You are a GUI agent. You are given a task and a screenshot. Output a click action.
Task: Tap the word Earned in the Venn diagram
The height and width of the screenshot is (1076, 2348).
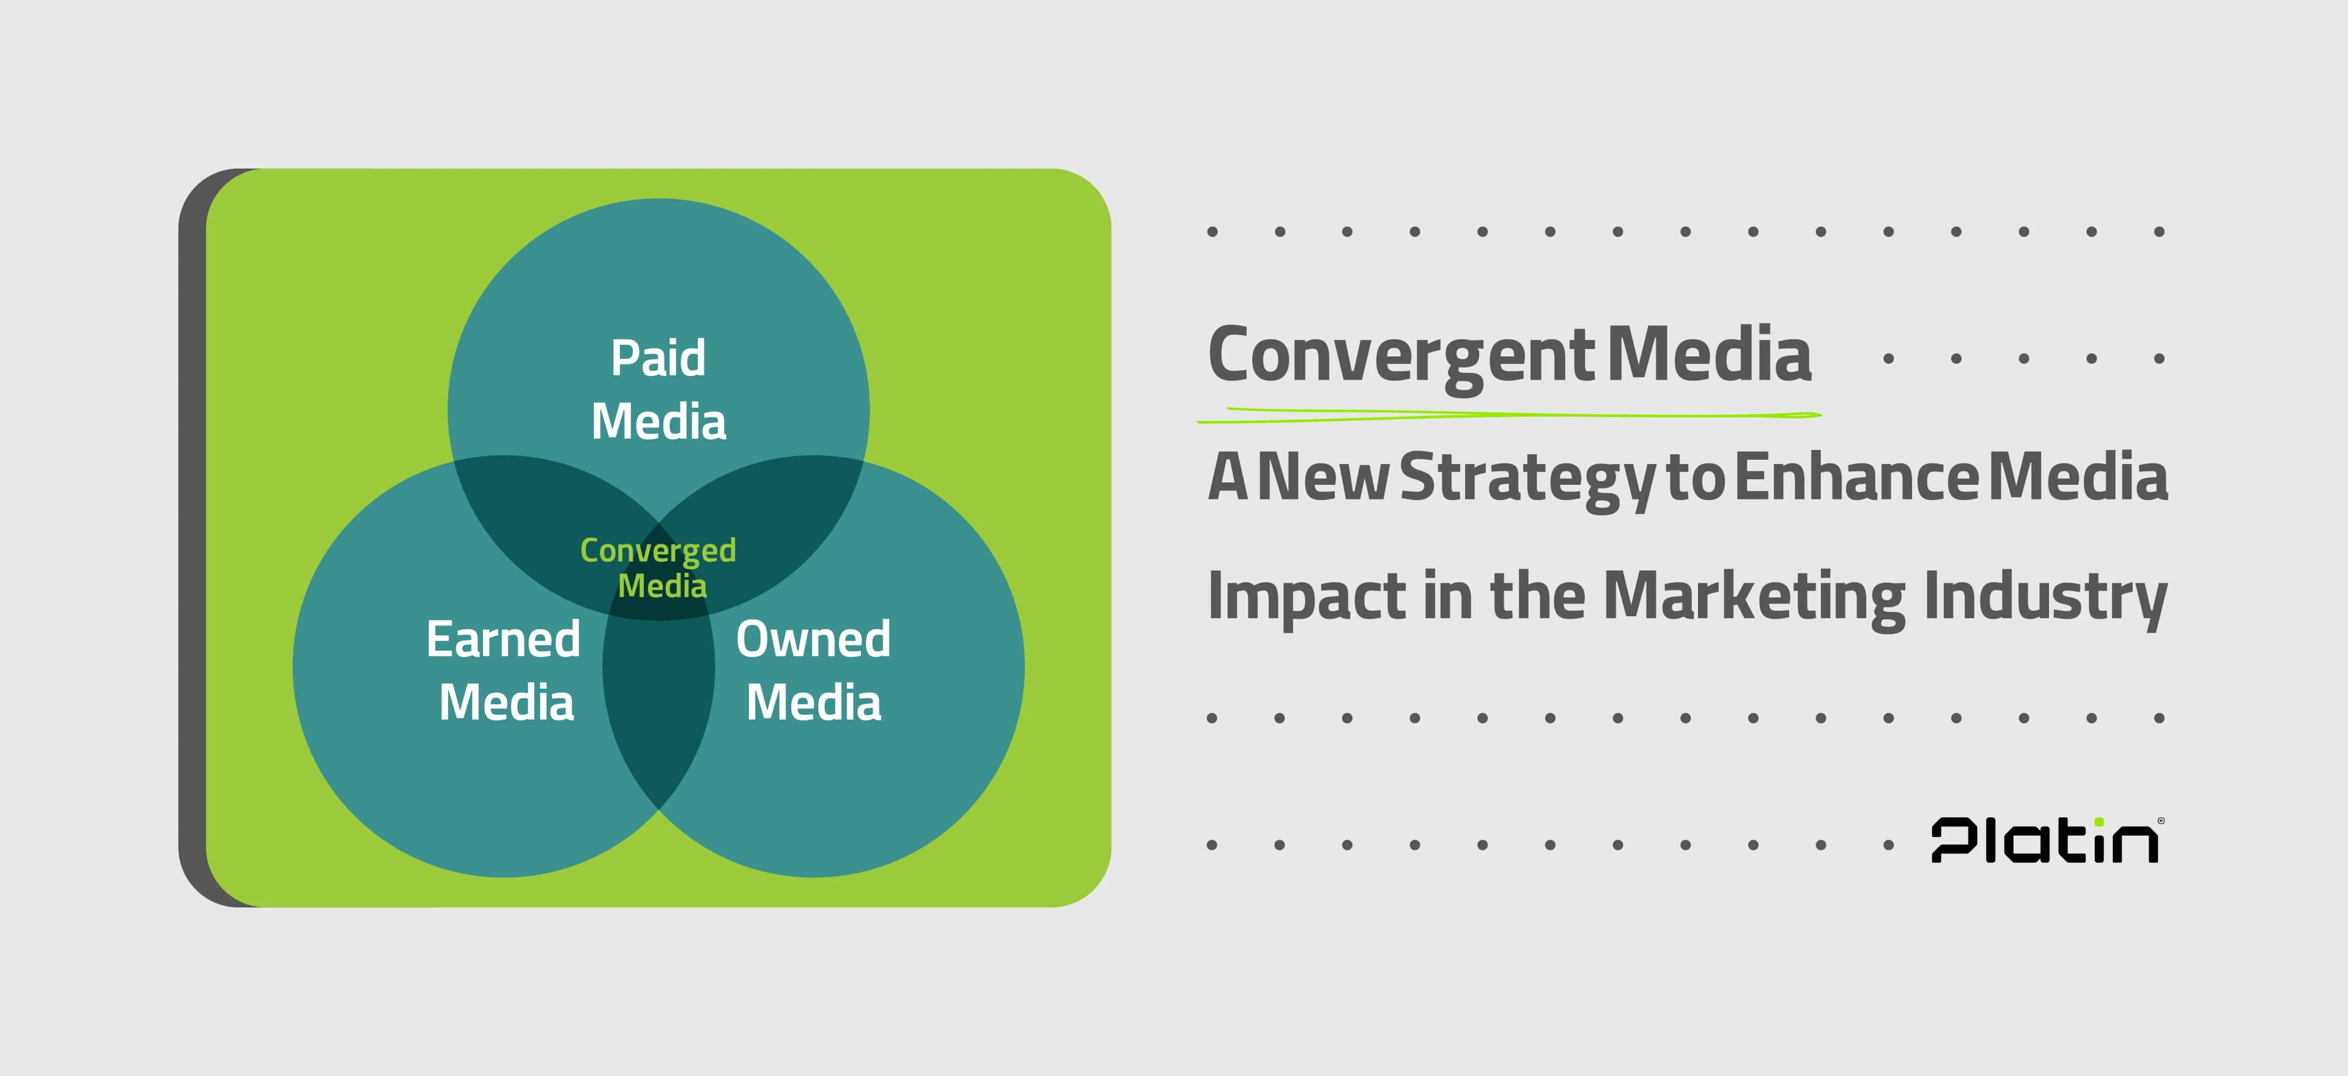click(x=503, y=639)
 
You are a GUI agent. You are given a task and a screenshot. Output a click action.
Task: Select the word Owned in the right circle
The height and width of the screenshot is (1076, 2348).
click(x=813, y=639)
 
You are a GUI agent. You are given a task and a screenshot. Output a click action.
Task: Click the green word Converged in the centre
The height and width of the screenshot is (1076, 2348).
click(x=658, y=551)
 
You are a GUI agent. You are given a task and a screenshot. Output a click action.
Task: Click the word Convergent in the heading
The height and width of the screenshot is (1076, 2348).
click(x=1401, y=357)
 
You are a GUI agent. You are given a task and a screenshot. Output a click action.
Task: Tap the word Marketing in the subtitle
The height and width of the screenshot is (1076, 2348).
click(x=1754, y=598)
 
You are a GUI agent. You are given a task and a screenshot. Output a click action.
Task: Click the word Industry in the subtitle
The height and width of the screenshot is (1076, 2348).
click(x=2045, y=598)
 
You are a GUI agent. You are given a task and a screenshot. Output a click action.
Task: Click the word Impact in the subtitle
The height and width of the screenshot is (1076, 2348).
click(x=1307, y=598)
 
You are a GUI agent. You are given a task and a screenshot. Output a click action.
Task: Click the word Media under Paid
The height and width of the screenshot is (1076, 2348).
click(x=658, y=422)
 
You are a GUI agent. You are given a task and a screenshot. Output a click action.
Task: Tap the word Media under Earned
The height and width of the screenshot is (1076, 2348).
click(x=507, y=702)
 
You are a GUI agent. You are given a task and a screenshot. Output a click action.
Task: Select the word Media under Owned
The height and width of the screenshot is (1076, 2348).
click(x=813, y=702)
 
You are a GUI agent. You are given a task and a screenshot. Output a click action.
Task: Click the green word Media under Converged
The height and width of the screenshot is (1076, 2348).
click(x=662, y=586)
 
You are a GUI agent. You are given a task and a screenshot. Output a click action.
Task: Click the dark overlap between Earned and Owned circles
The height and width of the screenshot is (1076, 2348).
click(x=658, y=710)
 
